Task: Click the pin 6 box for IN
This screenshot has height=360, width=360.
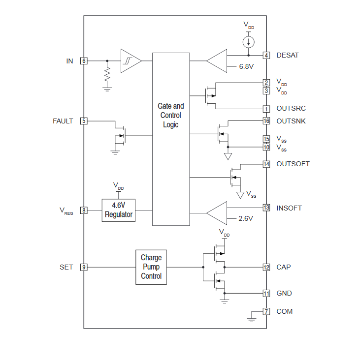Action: [84, 61]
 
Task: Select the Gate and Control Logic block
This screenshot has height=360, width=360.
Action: [171, 139]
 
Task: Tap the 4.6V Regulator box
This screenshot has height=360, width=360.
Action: [119, 210]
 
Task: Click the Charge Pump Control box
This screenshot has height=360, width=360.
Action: [151, 267]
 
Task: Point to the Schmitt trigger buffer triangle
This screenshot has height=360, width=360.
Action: [130, 61]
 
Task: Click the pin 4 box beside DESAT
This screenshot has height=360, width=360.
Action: [266, 56]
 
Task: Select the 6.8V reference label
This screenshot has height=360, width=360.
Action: [246, 66]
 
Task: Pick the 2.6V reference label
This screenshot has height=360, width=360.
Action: [246, 218]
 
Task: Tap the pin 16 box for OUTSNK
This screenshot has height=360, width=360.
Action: [266, 121]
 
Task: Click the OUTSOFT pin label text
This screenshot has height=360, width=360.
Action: [293, 164]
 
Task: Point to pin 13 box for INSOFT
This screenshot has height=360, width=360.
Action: [266, 208]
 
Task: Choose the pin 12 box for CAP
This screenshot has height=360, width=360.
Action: [266, 267]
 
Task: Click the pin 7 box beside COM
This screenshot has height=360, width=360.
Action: [266, 311]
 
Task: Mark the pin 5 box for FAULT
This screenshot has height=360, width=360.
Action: [84, 121]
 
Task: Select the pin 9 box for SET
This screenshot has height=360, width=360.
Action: [84, 267]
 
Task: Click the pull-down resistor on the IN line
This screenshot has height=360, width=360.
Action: [107, 75]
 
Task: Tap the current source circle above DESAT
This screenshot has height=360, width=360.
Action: [249, 41]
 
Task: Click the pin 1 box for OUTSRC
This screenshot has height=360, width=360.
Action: [266, 109]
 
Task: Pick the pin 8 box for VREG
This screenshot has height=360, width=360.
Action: [84, 210]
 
